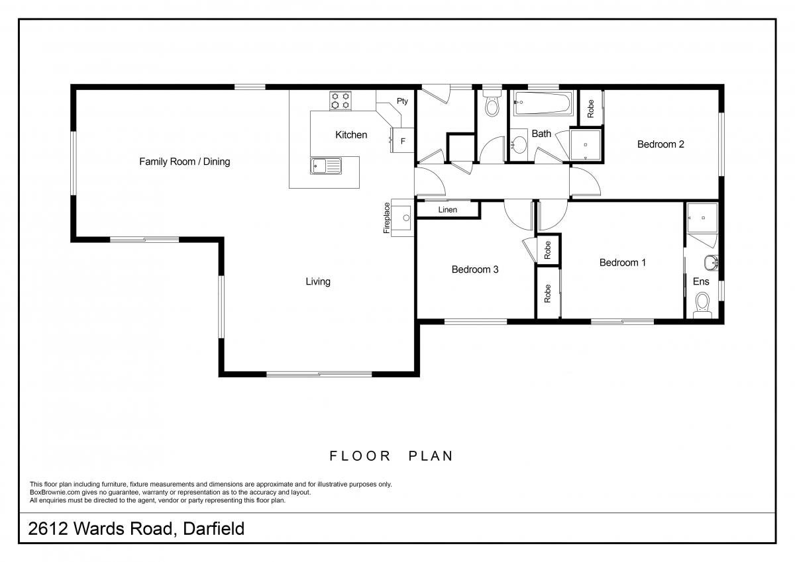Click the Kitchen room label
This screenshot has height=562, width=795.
click(350, 135)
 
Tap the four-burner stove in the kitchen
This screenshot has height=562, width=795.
click(341, 101)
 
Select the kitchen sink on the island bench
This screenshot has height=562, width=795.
click(325, 165)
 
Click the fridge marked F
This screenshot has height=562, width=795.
click(403, 140)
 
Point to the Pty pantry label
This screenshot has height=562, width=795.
click(402, 101)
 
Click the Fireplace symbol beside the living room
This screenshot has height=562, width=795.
click(402, 217)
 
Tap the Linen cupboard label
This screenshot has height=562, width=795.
click(448, 210)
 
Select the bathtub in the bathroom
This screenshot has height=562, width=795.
click(543, 103)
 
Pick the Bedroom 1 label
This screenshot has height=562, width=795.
click(622, 263)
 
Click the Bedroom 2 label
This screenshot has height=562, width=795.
click(661, 144)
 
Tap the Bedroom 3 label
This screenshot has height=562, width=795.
click(474, 269)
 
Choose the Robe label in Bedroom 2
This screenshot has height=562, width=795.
click(590, 109)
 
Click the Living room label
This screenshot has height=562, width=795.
click(317, 282)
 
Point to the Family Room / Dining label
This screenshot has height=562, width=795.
click(184, 162)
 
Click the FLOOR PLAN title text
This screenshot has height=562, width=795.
click(391, 456)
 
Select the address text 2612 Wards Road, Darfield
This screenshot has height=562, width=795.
click(136, 529)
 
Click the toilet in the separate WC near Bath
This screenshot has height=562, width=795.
click(492, 105)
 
